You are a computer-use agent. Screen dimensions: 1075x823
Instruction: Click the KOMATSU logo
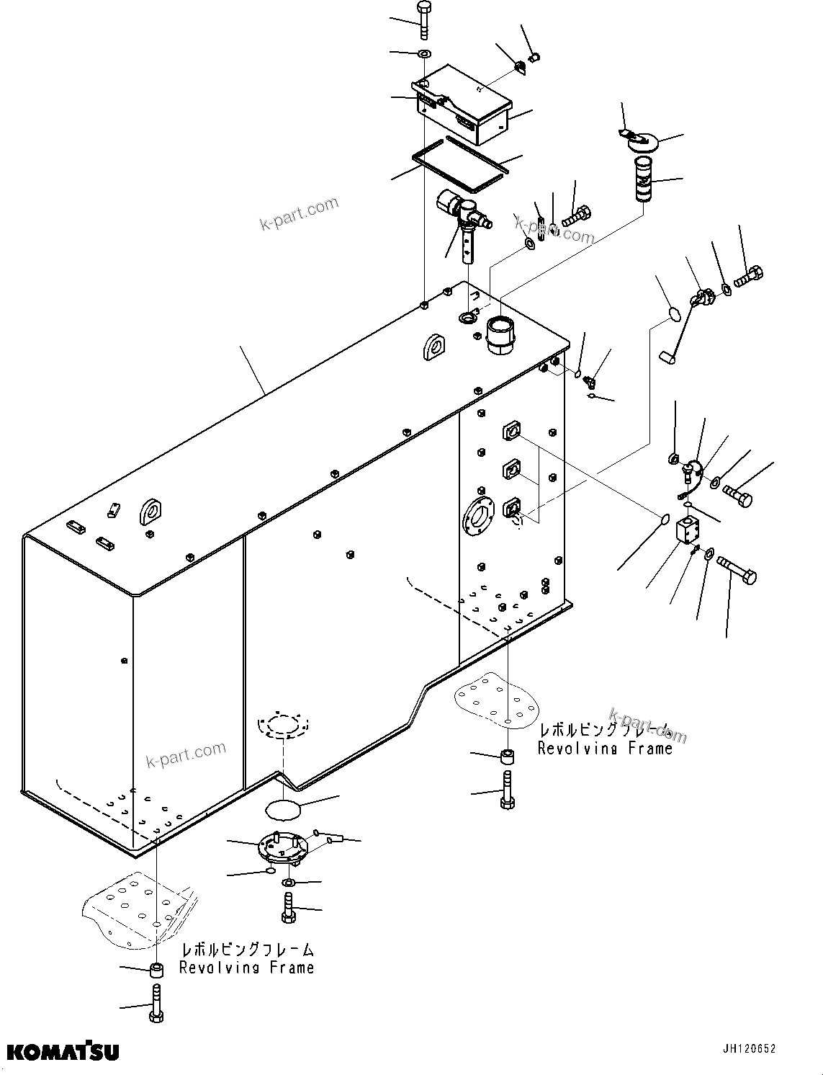pos(63,1051)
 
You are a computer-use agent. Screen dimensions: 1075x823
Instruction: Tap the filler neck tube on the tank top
pos(501,334)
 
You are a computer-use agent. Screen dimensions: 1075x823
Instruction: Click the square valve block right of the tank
pos(689,532)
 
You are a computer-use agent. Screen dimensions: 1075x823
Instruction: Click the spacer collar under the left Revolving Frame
pos(157,969)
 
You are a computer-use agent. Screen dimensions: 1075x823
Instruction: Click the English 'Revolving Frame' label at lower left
pos(247,968)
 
